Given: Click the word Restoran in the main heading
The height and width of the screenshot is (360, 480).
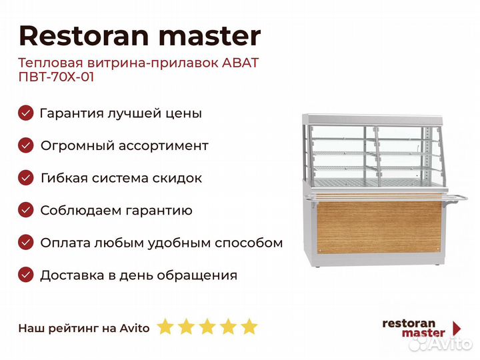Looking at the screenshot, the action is coord(84,36).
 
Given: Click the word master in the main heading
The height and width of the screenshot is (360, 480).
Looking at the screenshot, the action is coord(210,37).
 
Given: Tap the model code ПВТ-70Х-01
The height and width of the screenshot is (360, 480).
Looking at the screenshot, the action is coord(56,77).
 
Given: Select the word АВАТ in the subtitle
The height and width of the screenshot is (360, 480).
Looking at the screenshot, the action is coord(240,63).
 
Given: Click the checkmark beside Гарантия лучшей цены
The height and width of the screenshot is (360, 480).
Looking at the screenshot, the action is coord(26,113).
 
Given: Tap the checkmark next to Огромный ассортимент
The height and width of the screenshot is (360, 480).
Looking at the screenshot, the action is coord(26,145).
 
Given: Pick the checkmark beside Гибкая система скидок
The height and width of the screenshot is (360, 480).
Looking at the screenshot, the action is coord(26,178).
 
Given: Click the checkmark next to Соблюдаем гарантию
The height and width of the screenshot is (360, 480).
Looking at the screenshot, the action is coord(26,210).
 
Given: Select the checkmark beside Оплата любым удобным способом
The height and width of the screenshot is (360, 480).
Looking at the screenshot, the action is coord(26,243).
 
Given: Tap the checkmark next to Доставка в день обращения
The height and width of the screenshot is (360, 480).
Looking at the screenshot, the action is coord(26,275).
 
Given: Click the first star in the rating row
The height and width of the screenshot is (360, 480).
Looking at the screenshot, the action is coord(165,326).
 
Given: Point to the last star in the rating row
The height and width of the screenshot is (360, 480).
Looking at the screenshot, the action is coord(249,326).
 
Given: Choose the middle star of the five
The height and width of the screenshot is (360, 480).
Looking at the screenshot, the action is coord(207,326).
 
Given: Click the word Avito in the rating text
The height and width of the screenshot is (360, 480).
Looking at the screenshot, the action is coord(135,328).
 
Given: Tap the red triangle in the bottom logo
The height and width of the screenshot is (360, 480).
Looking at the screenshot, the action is coord(457,328).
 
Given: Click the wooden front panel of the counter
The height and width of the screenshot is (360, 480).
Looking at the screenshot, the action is coord(379,227).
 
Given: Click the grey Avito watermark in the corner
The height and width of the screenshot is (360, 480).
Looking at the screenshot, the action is coord(441,344).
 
